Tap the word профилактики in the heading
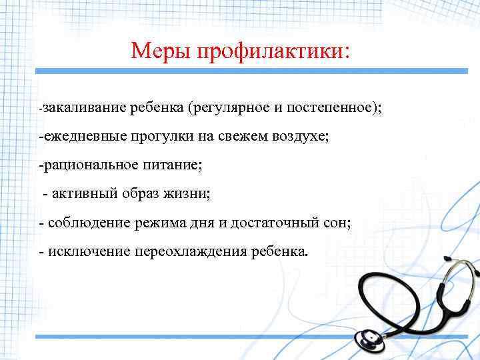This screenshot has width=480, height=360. coord(271,51)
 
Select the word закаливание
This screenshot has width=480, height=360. coord(85,107)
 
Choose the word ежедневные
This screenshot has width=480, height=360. coord(82,136)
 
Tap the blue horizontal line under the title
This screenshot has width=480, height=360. coord(239,71)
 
